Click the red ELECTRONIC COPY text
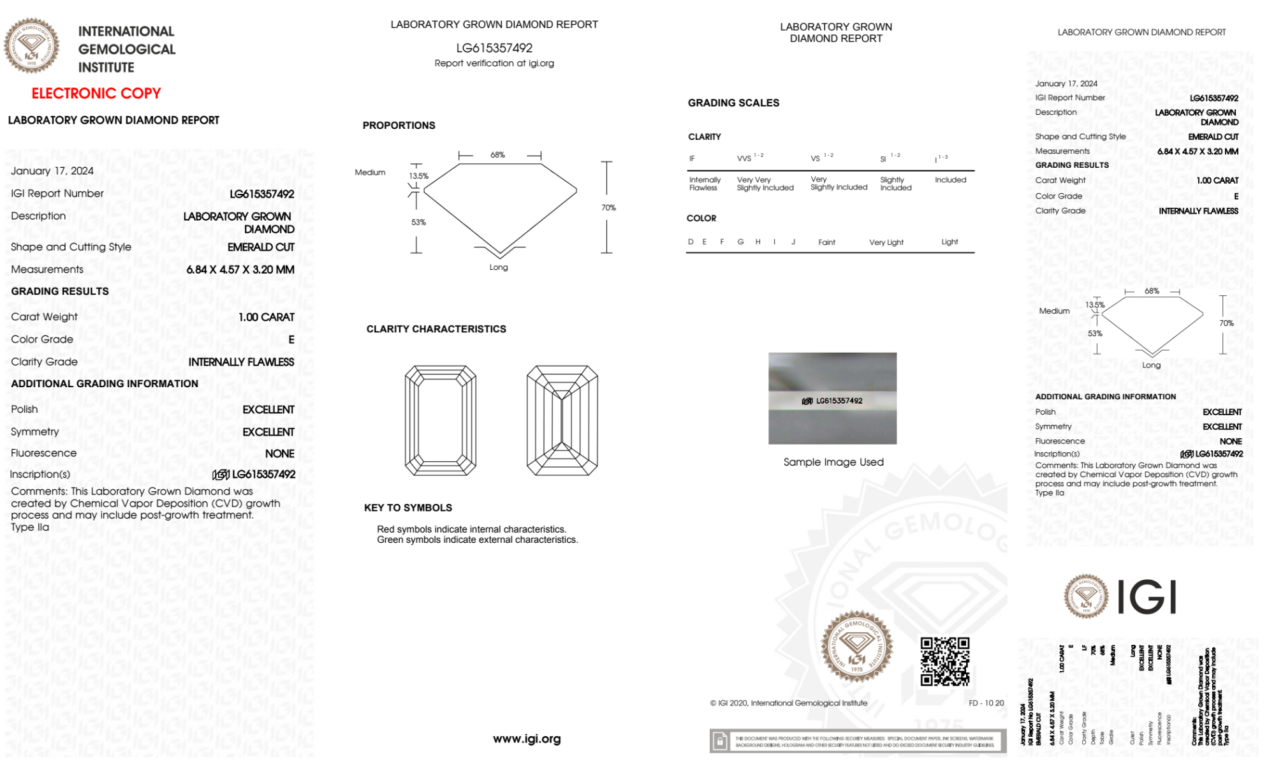pos(96,94)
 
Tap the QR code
pos(944,661)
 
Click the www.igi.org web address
pos(527,739)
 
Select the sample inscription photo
pos(832,398)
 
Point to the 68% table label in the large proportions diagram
pos(497,155)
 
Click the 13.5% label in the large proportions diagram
pos(419,176)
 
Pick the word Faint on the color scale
pos(826,242)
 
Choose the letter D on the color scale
pos(691,242)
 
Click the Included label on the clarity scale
pos(950,180)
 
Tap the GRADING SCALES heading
pos(733,103)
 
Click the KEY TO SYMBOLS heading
pos(408,508)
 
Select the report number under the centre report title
pos(494,48)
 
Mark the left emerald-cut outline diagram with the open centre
pos(441,420)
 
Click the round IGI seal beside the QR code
pos(856,646)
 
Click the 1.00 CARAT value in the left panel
pos(267,317)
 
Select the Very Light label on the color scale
pos(886,242)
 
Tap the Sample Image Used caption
pos(833,462)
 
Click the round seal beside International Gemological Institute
pos(32,46)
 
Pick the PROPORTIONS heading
pos(399,126)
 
